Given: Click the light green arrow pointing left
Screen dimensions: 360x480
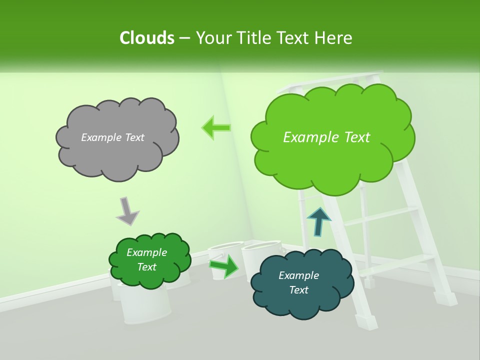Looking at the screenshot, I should pyautogui.click(x=216, y=127).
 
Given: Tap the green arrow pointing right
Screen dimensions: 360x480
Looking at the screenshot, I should pyautogui.click(x=223, y=265).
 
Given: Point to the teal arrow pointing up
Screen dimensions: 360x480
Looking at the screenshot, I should pyautogui.click(x=319, y=220).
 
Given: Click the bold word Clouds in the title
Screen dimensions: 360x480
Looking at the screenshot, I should pyautogui.click(x=147, y=38).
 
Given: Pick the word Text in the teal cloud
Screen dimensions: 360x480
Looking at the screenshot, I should pyautogui.click(x=298, y=290).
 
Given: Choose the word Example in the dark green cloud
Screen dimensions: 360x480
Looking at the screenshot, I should pyautogui.click(x=146, y=252).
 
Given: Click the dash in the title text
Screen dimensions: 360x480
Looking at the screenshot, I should pyautogui.click(x=184, y=38).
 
